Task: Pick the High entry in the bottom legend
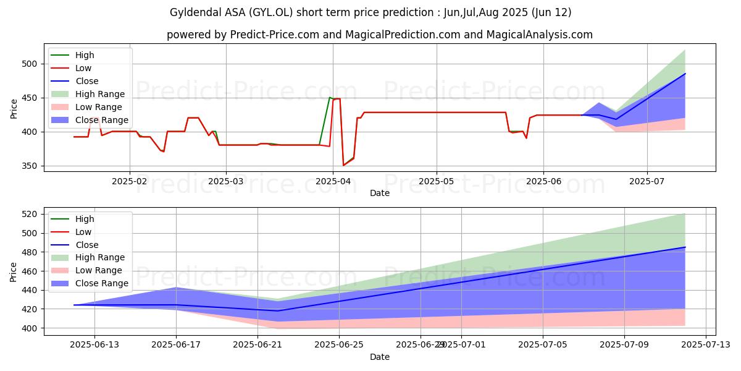coord(84,219)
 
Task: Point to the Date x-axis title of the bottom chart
coord(380,357)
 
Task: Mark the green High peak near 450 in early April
coord(329,98)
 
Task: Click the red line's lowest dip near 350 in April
coord(343,165)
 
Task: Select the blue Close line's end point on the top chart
coord(685,74)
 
